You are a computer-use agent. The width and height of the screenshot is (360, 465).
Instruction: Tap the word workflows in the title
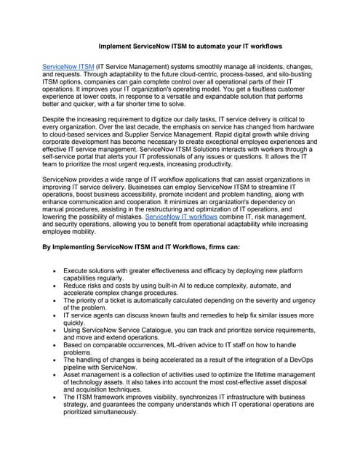pos(262,46)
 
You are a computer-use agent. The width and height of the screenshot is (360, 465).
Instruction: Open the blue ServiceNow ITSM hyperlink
pos(68,66)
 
